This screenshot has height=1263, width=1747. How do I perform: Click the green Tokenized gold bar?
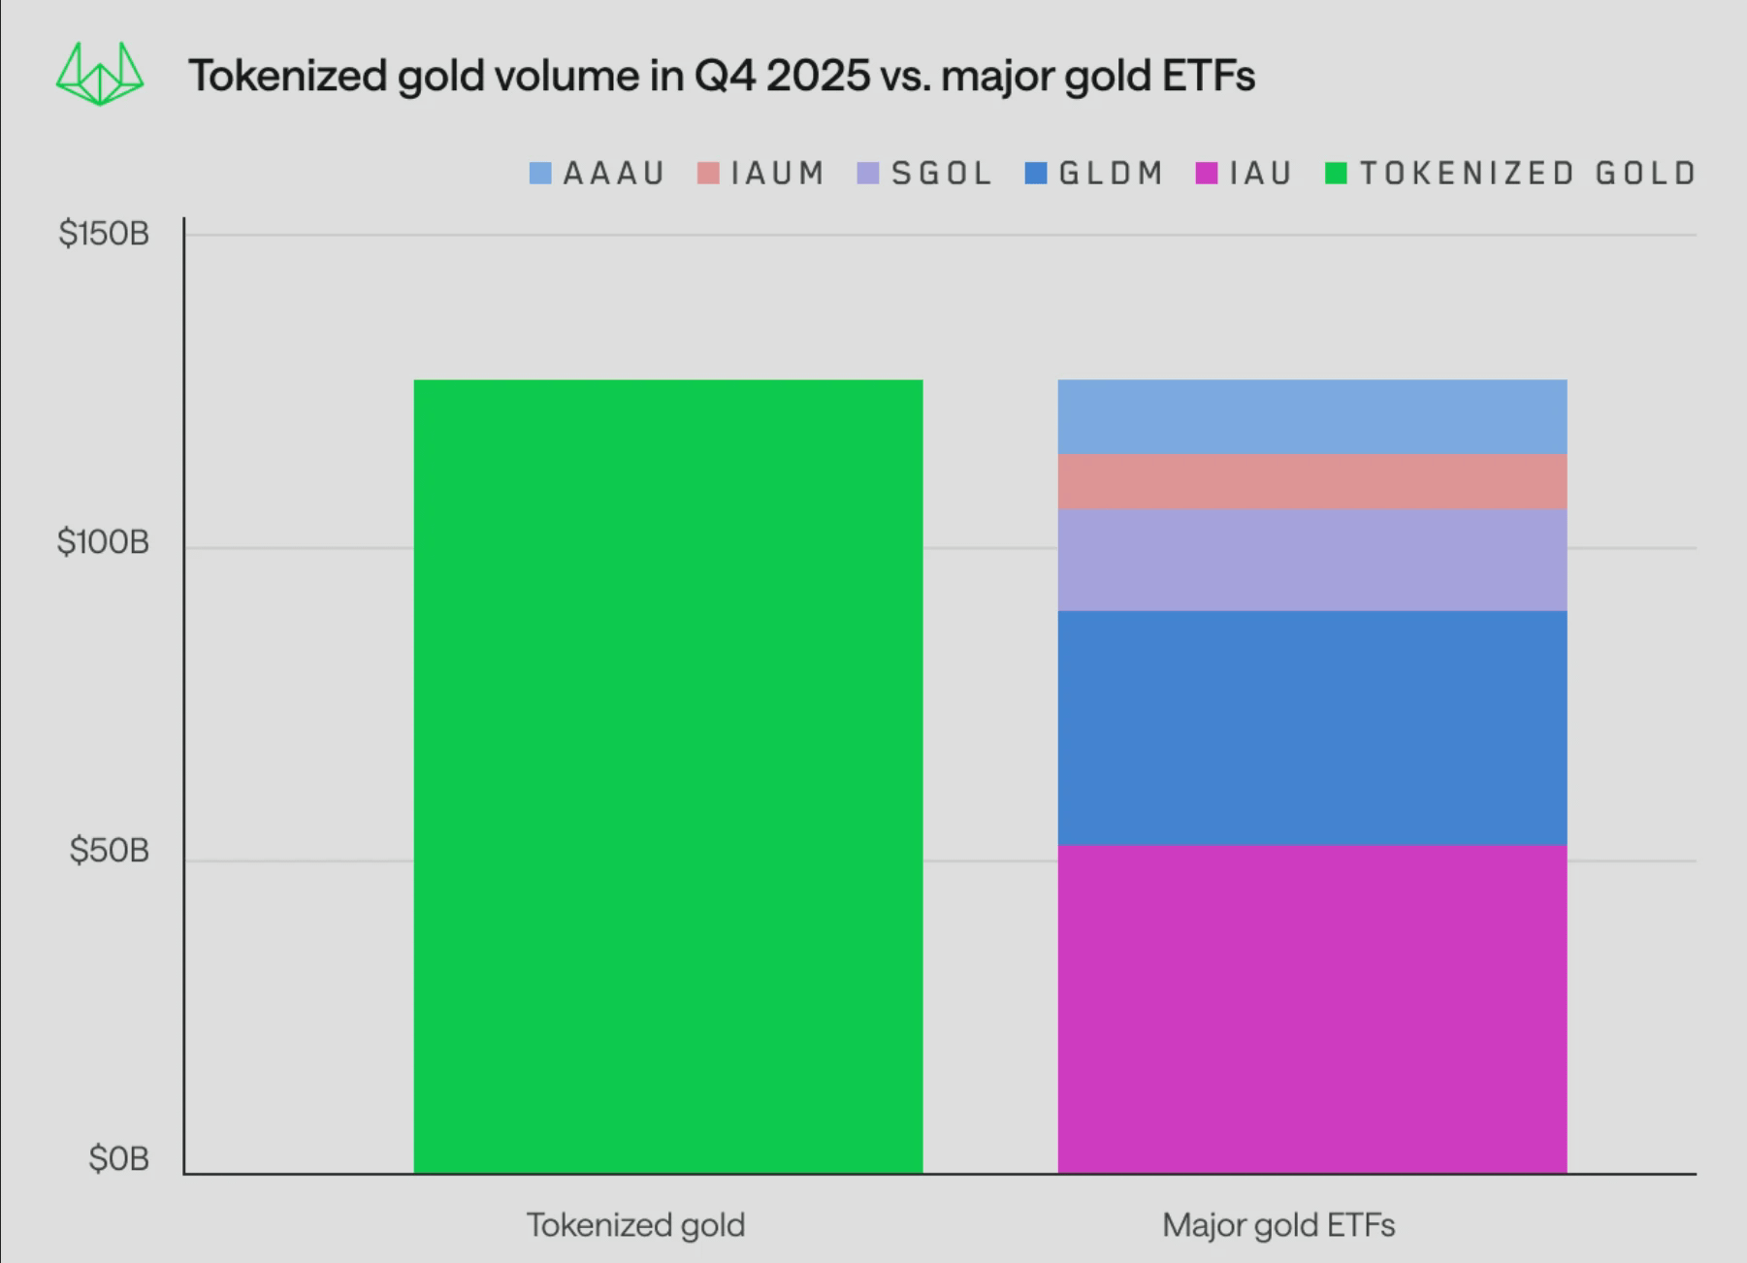point(667,776)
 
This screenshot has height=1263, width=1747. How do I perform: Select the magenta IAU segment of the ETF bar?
point(1311,1009)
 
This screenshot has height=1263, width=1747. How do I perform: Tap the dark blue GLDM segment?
point(1311,728)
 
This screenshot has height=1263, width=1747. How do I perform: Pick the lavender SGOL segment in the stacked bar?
point(1311,560)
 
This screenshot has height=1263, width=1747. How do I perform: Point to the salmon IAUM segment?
point(1311,481)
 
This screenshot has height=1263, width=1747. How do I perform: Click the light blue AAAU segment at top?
point(1311,416)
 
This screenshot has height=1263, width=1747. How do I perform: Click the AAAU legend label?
point(613,174)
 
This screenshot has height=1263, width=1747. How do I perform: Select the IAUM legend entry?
point(777,174)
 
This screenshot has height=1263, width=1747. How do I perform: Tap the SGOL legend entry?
point(941,174)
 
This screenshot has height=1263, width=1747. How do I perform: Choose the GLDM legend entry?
point(1111,174)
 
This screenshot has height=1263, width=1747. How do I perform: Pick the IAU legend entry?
point(1260,174)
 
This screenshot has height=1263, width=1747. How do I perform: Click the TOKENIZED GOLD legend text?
point(1527,174)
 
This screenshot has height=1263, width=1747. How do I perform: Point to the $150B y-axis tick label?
point(104,234)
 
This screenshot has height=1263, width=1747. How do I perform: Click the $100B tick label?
point(104,542)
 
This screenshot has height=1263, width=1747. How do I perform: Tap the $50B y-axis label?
point(109,851)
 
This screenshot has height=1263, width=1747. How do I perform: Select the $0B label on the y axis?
point(118,1158)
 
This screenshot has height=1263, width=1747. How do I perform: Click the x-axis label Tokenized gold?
point(635,1225)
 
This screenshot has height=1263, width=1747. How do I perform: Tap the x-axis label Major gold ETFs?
point(1278,1225)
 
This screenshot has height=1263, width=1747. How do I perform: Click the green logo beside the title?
point(100,75)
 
